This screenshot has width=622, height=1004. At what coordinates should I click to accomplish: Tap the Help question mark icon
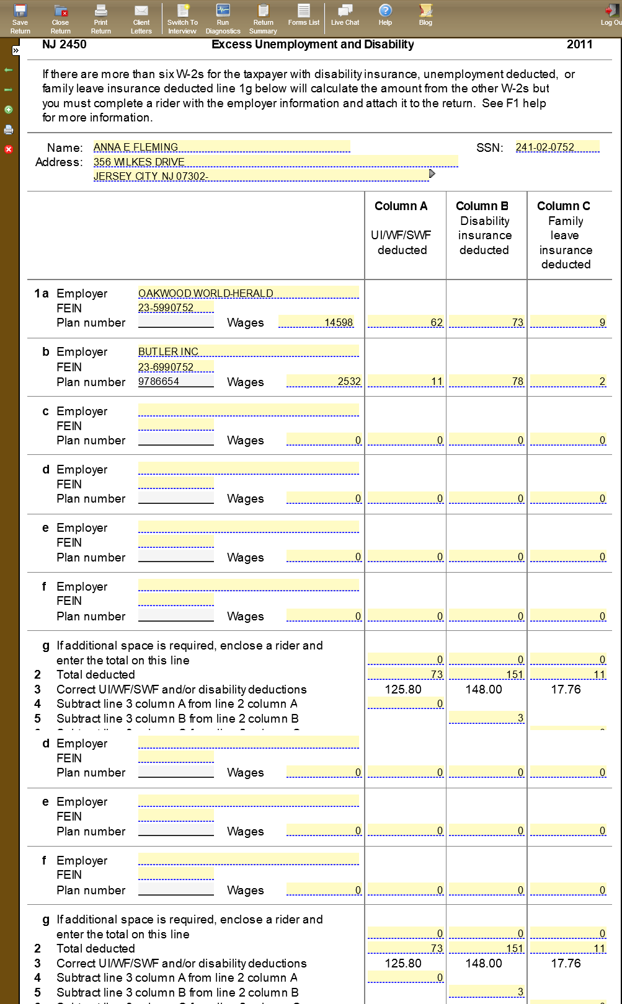tap(385, 15)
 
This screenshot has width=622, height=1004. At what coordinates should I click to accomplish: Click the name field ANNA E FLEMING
tap(221, 147)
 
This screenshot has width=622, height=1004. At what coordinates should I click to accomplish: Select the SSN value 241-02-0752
tap(557, 147)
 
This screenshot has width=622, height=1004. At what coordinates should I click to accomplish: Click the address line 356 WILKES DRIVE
tap(275, 162)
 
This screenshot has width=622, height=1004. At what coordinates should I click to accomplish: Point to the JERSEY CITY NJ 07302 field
tap(260, 176)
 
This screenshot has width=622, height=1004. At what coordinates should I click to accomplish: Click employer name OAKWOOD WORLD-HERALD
tap(248, 293)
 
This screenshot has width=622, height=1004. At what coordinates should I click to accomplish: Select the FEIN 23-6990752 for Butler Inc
tap(175, 367)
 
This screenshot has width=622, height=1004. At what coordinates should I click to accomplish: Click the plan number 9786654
tap(175, 381)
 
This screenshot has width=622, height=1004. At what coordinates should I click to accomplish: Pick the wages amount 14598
tap(316, 322)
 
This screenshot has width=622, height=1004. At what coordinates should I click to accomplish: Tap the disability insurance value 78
tap(487, 381)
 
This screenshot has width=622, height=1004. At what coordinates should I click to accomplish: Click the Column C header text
tap(564, 206)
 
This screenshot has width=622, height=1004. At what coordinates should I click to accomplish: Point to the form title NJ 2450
tap(64, 45)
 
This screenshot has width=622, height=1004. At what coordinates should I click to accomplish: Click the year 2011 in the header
tap(579, 45)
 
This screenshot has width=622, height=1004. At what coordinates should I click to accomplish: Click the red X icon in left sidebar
tap(9, 149)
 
